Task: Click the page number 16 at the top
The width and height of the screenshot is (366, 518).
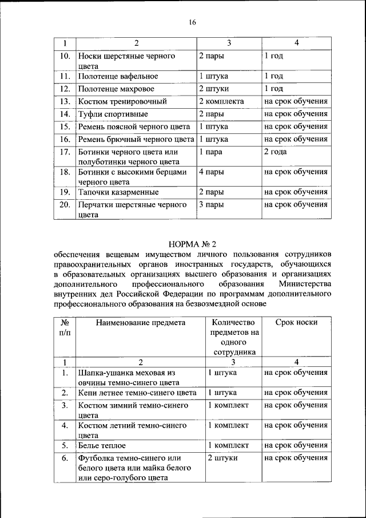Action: click(192, 22)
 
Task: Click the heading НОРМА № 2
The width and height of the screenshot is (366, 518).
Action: click(192, 244)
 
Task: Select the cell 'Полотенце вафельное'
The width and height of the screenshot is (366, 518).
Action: click(118, 76)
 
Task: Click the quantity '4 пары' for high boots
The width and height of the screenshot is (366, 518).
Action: click(211, 172)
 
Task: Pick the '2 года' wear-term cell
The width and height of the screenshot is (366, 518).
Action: click(276, 152)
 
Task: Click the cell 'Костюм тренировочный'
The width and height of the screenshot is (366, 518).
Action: click(122, 101)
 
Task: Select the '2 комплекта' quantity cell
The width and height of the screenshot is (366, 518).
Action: click(221, 101)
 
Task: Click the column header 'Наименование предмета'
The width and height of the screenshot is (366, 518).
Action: click(141, 322)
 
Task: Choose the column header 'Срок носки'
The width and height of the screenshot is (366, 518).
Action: click(296, 322)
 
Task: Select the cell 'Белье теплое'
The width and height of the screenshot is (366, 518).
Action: click(102, 445)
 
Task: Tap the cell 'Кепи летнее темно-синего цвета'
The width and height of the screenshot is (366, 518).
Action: click(137, 393)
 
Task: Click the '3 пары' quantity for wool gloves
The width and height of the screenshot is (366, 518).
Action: click(211, 204)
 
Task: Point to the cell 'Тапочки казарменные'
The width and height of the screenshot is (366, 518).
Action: click(118, 192)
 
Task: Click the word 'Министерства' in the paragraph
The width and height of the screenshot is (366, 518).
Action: click(305, 284)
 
